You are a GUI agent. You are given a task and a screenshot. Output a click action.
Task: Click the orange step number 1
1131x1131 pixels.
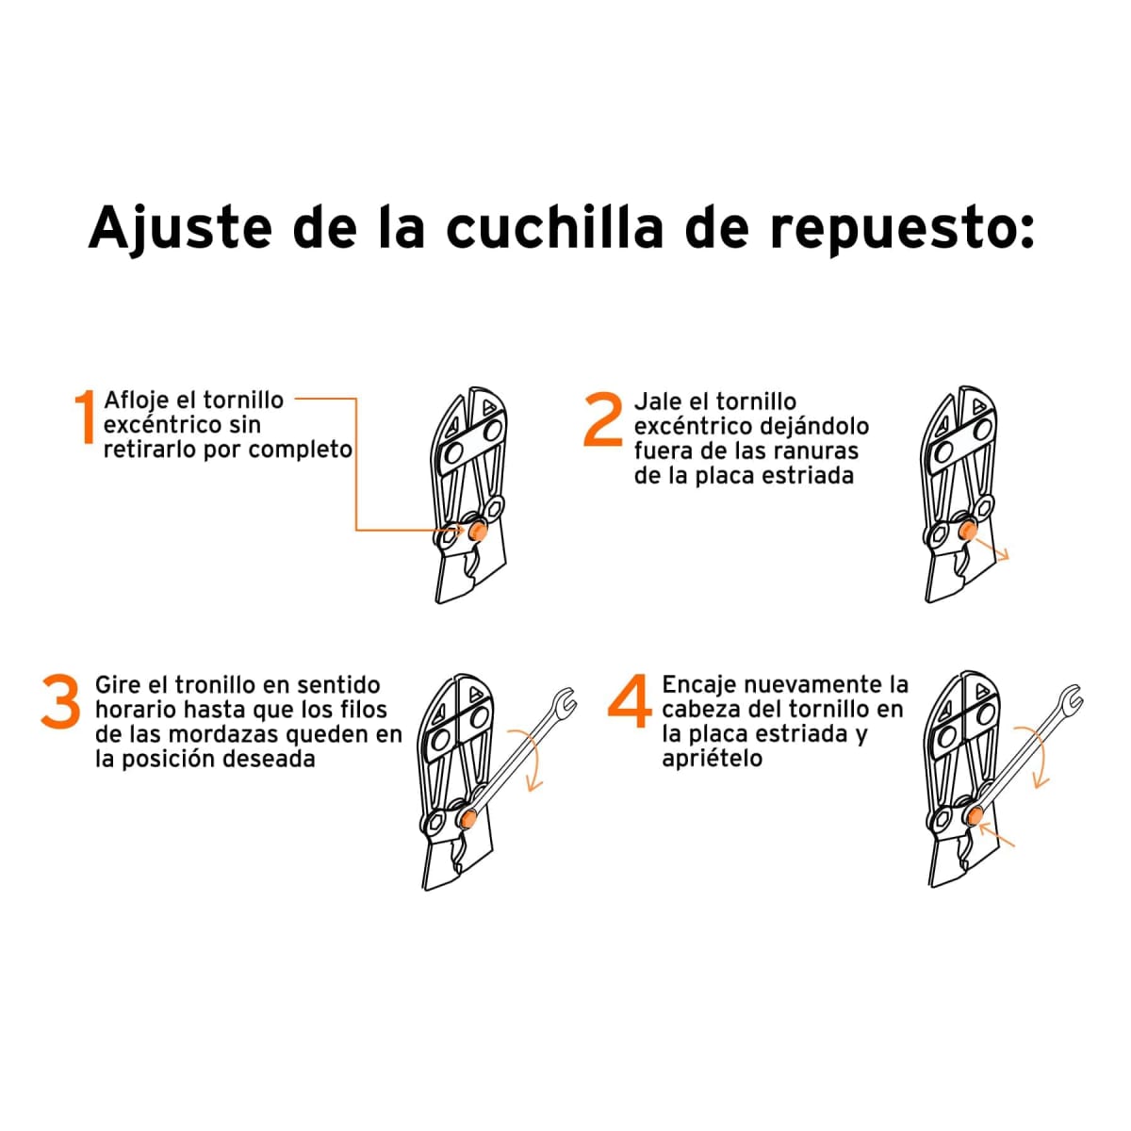pyautogui.click(x=86, y=417)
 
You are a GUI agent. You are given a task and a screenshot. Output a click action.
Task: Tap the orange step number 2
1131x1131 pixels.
pyautogui.click(x=603, y=420)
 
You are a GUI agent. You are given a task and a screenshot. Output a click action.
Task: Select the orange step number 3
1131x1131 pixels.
pyautogui.click(x=60, y=702)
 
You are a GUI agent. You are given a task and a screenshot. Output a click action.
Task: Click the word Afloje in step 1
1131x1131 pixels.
pyautogui.click(x=137, y=400)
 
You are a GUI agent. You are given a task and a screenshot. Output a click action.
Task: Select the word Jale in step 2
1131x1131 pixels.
pyautogui.click(x=657, y=402)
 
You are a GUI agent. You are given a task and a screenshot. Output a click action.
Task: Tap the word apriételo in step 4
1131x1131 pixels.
pyautogui.click(x=712, y=759)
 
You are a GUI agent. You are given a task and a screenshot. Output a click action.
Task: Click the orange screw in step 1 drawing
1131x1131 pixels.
pyautogui.click(x=479, y=533)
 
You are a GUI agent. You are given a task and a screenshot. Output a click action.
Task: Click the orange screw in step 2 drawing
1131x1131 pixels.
pyautogui.click(x=967, y=533)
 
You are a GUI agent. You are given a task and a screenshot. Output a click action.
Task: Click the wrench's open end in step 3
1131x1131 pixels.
pyautogui.click(x=564, y=701)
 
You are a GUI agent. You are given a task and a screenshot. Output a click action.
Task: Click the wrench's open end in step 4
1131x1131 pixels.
pyautogui.click(x=1071, y=700)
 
